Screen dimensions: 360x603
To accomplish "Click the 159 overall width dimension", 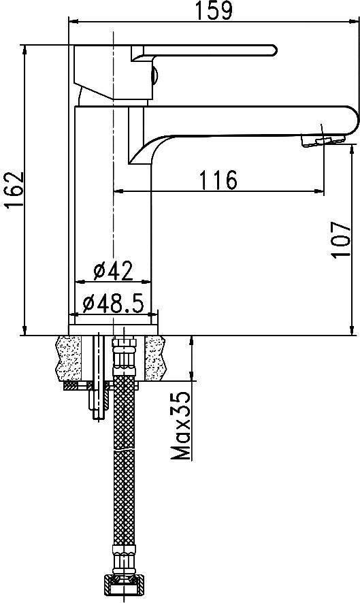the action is [214, 10].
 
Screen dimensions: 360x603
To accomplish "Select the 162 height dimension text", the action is [14, 191].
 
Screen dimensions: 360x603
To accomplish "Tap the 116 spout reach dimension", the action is [218, 180].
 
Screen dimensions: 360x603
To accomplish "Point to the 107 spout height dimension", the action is [340, 240].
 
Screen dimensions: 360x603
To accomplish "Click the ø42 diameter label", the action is [113, 271].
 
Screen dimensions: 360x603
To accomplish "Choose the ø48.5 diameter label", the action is [113, 304].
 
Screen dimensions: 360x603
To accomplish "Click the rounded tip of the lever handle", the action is [274, 50].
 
